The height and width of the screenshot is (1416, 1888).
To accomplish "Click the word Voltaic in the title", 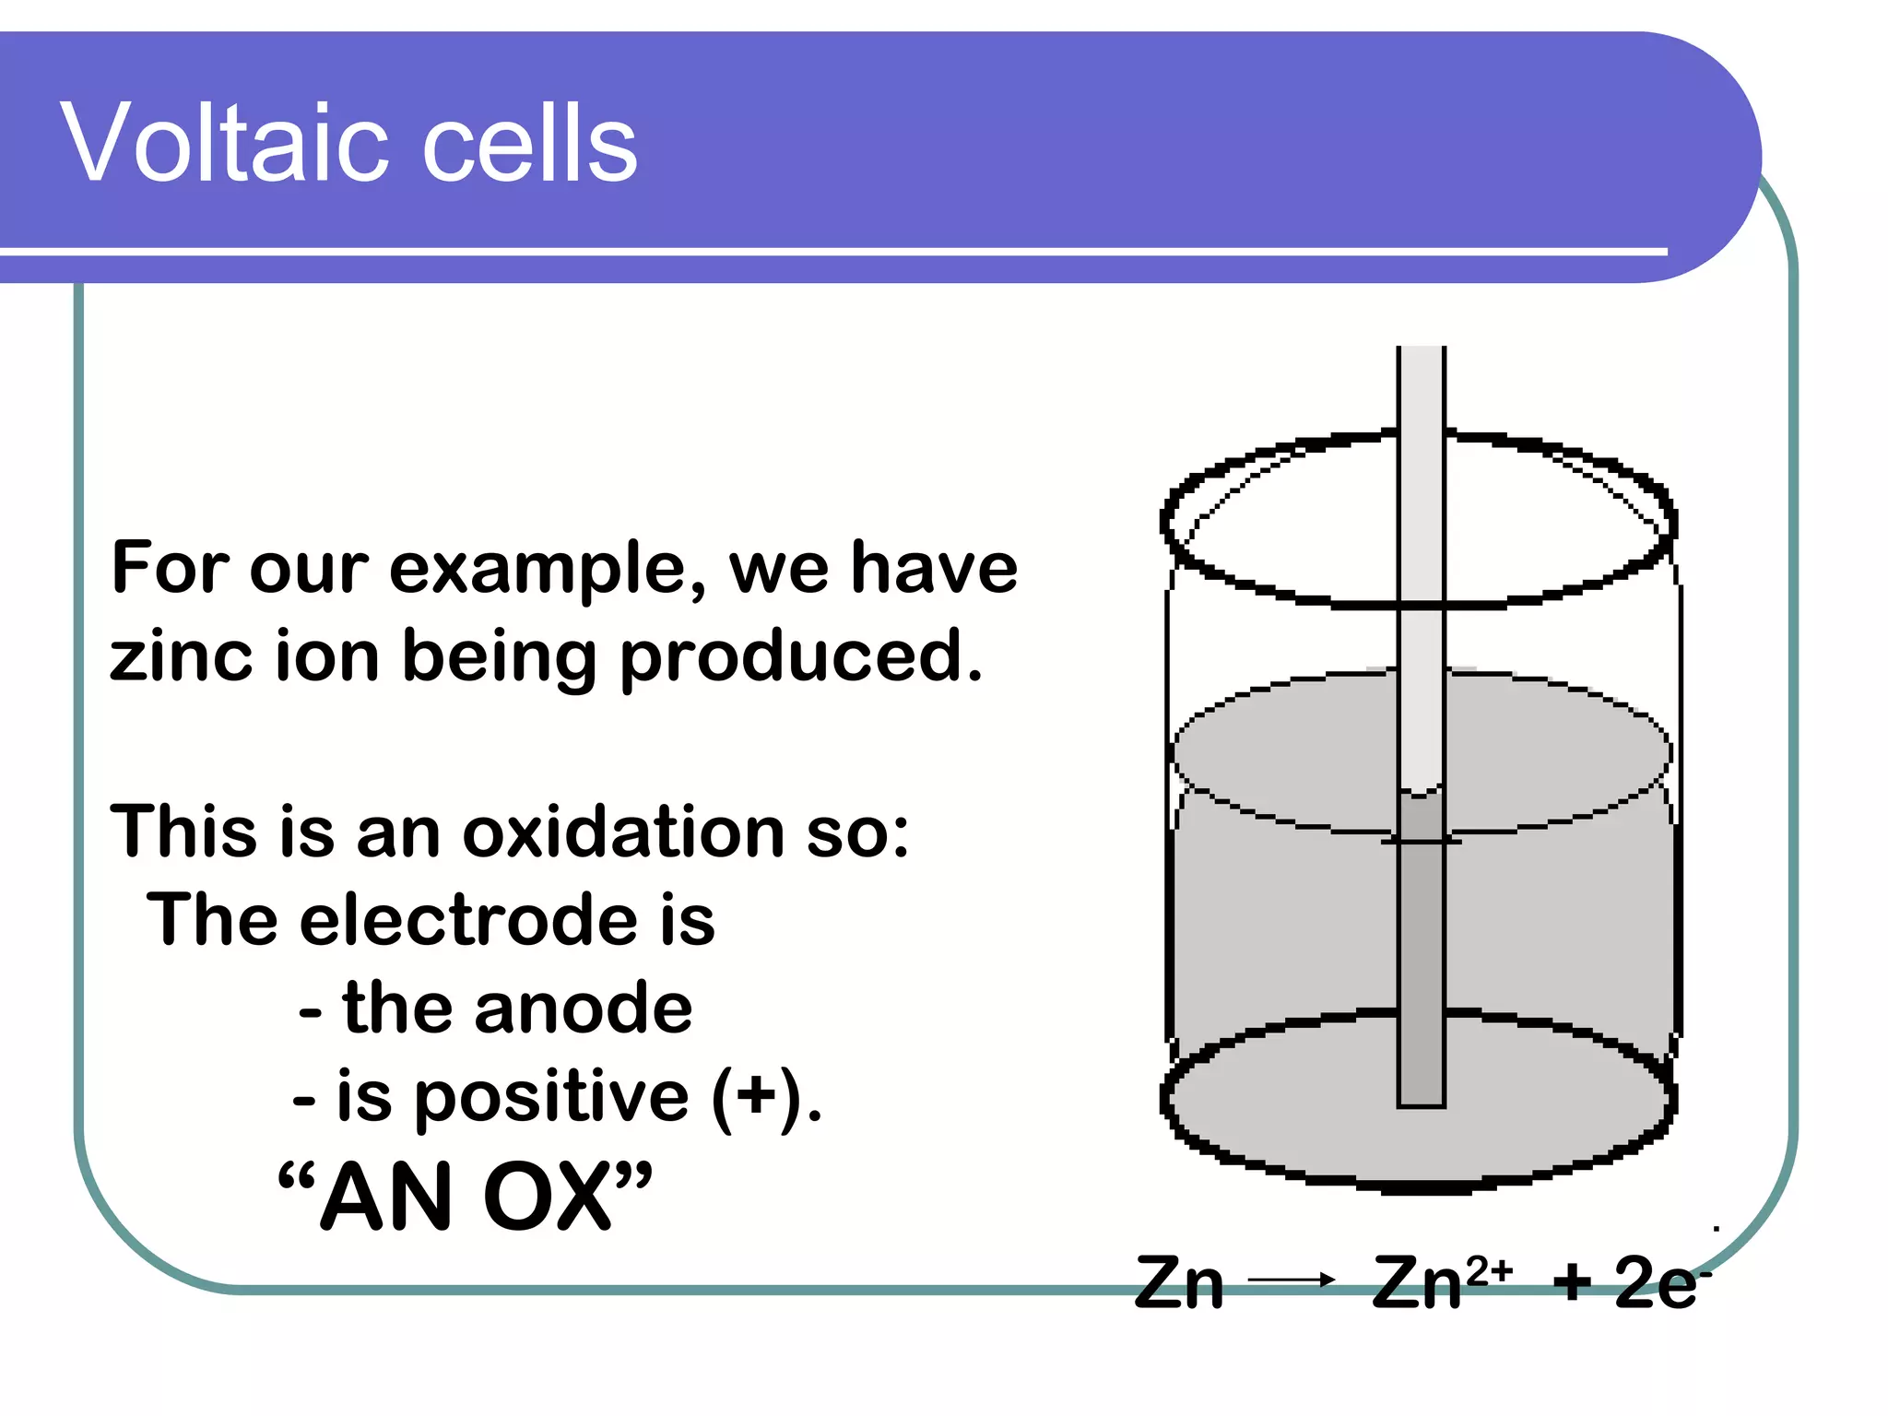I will (x=230, y=143).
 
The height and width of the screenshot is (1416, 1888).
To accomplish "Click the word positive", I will (x=551, y=1097).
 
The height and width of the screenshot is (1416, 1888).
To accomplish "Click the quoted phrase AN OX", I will (x=465, y=1196).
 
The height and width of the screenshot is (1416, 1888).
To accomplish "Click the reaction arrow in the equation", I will (x=1291, y=1280).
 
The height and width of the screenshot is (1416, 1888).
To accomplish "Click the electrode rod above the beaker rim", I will (x=1421, y=387).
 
